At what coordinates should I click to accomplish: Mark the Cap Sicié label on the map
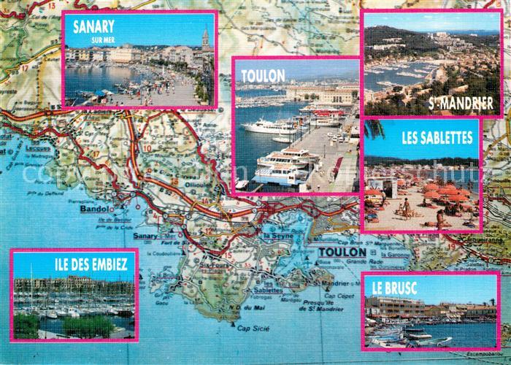(254, 329)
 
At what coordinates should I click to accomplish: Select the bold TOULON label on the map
(342, 252)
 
